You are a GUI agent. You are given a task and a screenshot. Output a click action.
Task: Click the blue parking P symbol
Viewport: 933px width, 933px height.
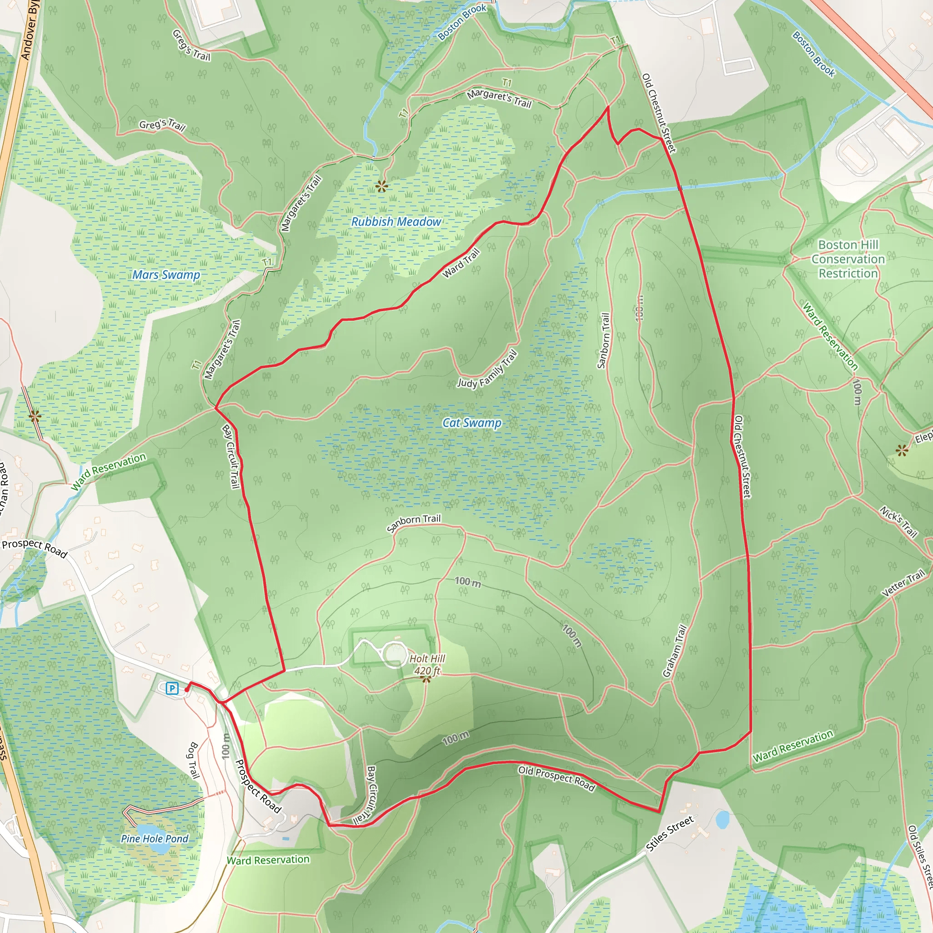(x=172, y=688)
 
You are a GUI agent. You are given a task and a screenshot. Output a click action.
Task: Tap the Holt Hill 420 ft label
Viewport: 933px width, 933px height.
(x=427, y=665)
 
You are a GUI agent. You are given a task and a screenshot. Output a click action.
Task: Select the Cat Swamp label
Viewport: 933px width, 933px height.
(x=472, y=423)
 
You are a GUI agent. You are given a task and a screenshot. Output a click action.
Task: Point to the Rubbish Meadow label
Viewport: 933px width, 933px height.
(x=396, y=222)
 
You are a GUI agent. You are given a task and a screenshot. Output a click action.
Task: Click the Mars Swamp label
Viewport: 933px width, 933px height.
(x=166, y=275)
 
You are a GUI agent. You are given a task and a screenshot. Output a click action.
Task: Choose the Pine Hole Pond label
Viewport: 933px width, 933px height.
(x=154, y=839)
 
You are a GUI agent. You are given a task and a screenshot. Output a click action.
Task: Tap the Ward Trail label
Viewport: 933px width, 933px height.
(x=461, y=263)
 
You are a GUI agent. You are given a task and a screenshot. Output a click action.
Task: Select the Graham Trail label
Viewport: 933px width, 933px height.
(x=675, y=651)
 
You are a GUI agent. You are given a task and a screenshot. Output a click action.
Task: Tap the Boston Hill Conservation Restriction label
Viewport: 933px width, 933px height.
(x=848, y=259)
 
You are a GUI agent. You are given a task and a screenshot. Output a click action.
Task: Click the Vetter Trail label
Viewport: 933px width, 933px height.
(x=902, y=583)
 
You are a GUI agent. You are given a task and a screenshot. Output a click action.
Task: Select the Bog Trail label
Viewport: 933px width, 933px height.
(x=193, y=761)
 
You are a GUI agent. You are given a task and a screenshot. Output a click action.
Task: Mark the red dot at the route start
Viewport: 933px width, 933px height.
(x=187, y=690)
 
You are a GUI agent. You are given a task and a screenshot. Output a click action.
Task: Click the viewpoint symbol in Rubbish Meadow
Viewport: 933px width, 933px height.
(x=382, y=186)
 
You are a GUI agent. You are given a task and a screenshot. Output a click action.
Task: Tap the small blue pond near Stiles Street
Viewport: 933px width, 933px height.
(x=723, y=820)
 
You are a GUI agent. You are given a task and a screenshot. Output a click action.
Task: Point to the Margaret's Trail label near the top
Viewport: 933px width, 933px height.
(x=499, y=99)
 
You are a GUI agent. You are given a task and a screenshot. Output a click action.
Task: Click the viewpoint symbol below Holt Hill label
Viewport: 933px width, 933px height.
(x=425, y=679)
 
